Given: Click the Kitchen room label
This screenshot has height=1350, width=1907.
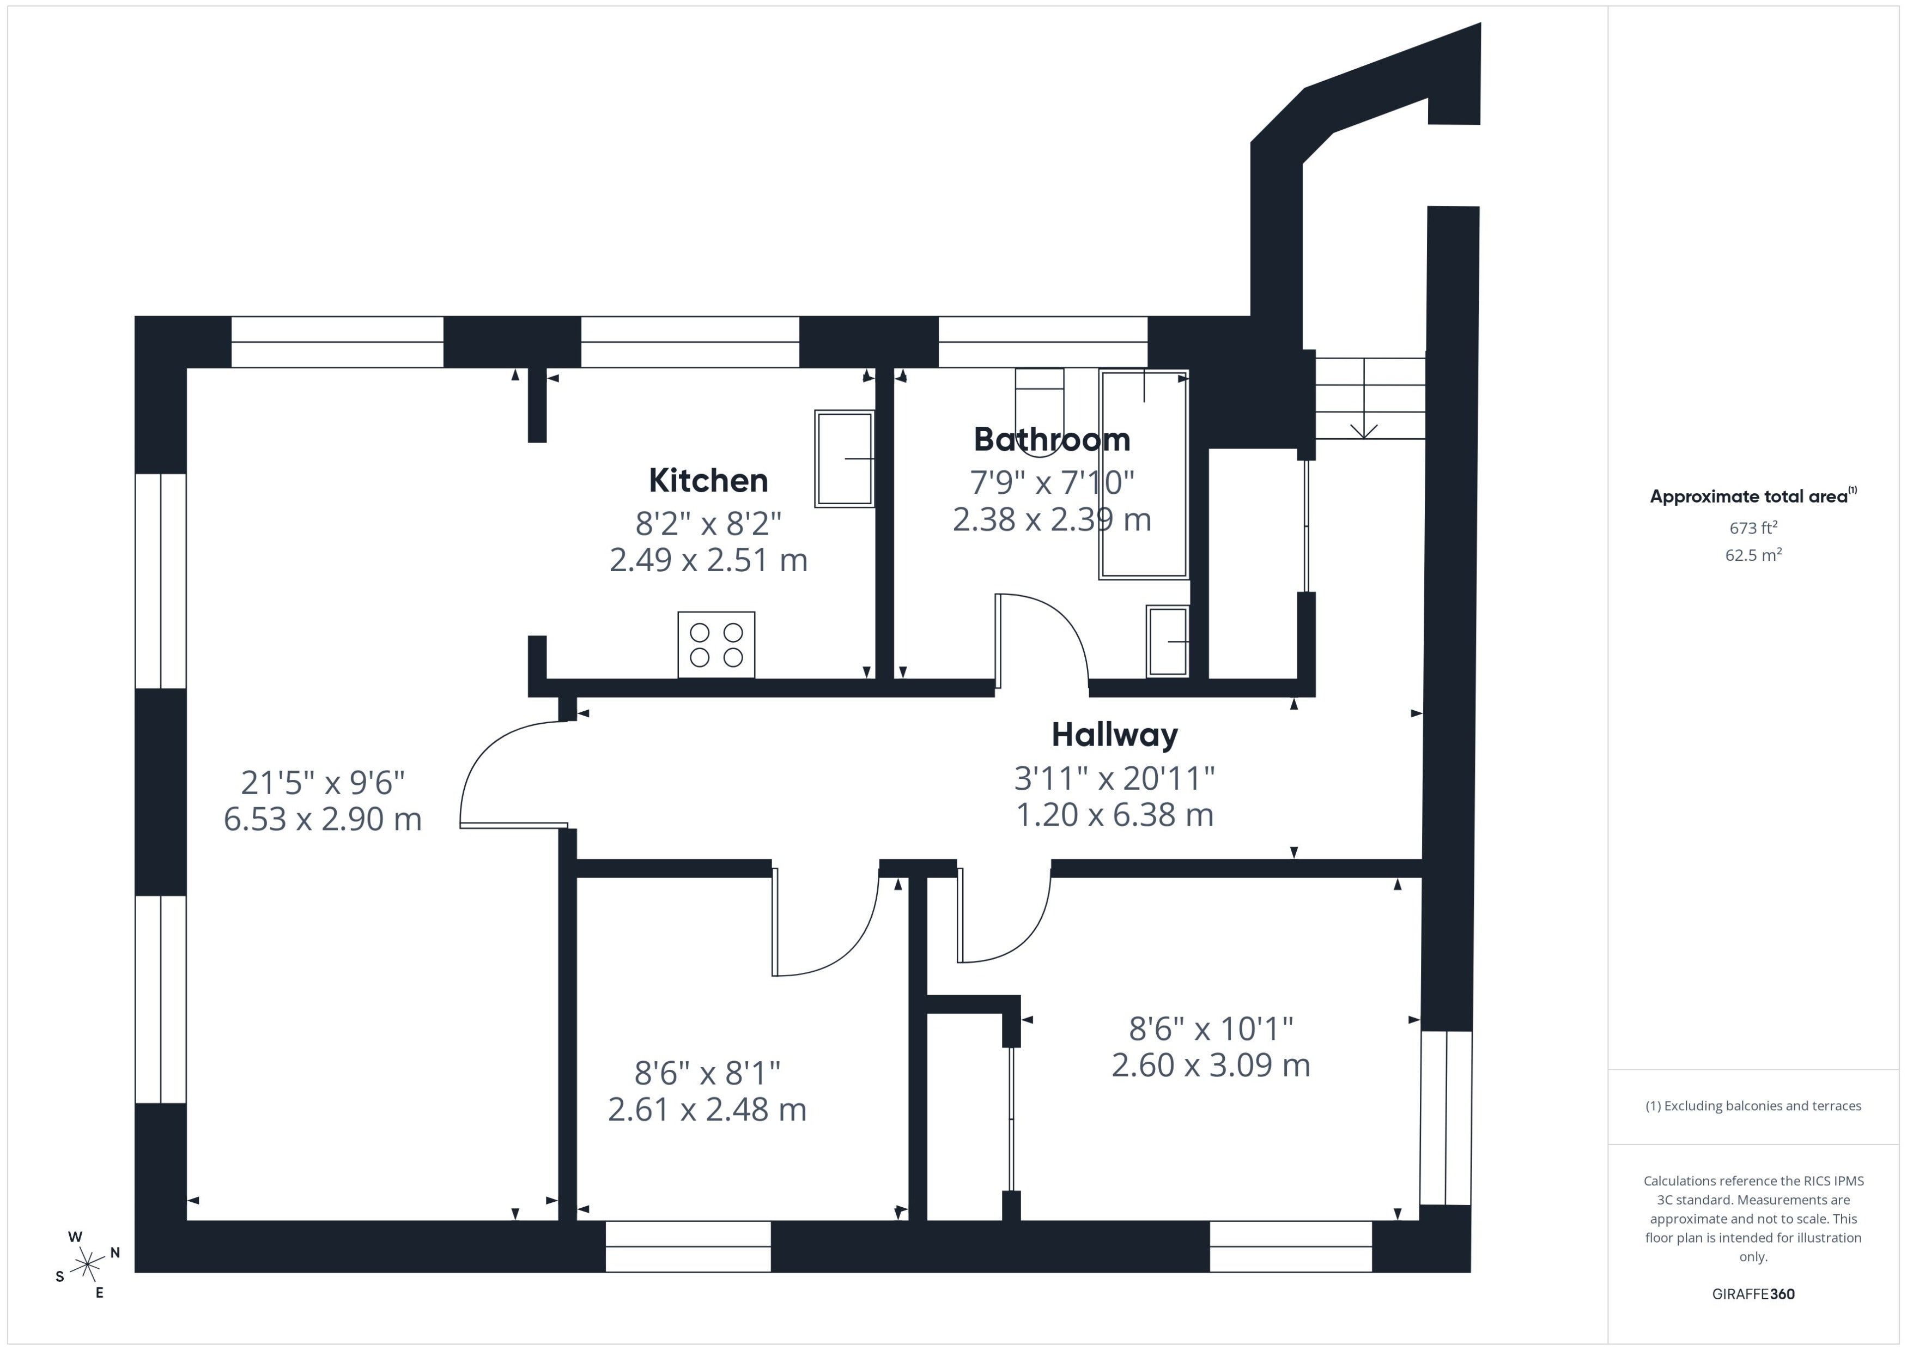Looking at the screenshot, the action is [x=708, y=481].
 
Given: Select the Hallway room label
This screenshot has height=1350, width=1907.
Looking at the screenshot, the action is [x=1114, y=735].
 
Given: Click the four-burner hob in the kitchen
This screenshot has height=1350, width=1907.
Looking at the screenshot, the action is [x=716, y=645].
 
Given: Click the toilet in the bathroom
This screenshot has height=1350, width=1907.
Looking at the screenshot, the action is [x=1040, y=413].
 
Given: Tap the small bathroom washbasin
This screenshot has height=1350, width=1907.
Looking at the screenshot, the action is [x=1168, y=641].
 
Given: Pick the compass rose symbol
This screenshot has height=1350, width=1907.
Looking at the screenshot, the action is [x=87, y=1265].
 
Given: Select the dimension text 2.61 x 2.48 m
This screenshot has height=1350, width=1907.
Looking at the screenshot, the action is [x=707, y=1110].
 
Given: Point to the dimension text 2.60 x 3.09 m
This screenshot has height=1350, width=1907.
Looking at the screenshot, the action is [x=1211, y=1066].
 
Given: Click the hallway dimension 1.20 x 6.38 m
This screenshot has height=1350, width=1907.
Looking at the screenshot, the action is [x=1114, y=815].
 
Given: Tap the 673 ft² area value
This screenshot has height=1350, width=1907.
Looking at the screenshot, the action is [x=1753, y=528].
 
